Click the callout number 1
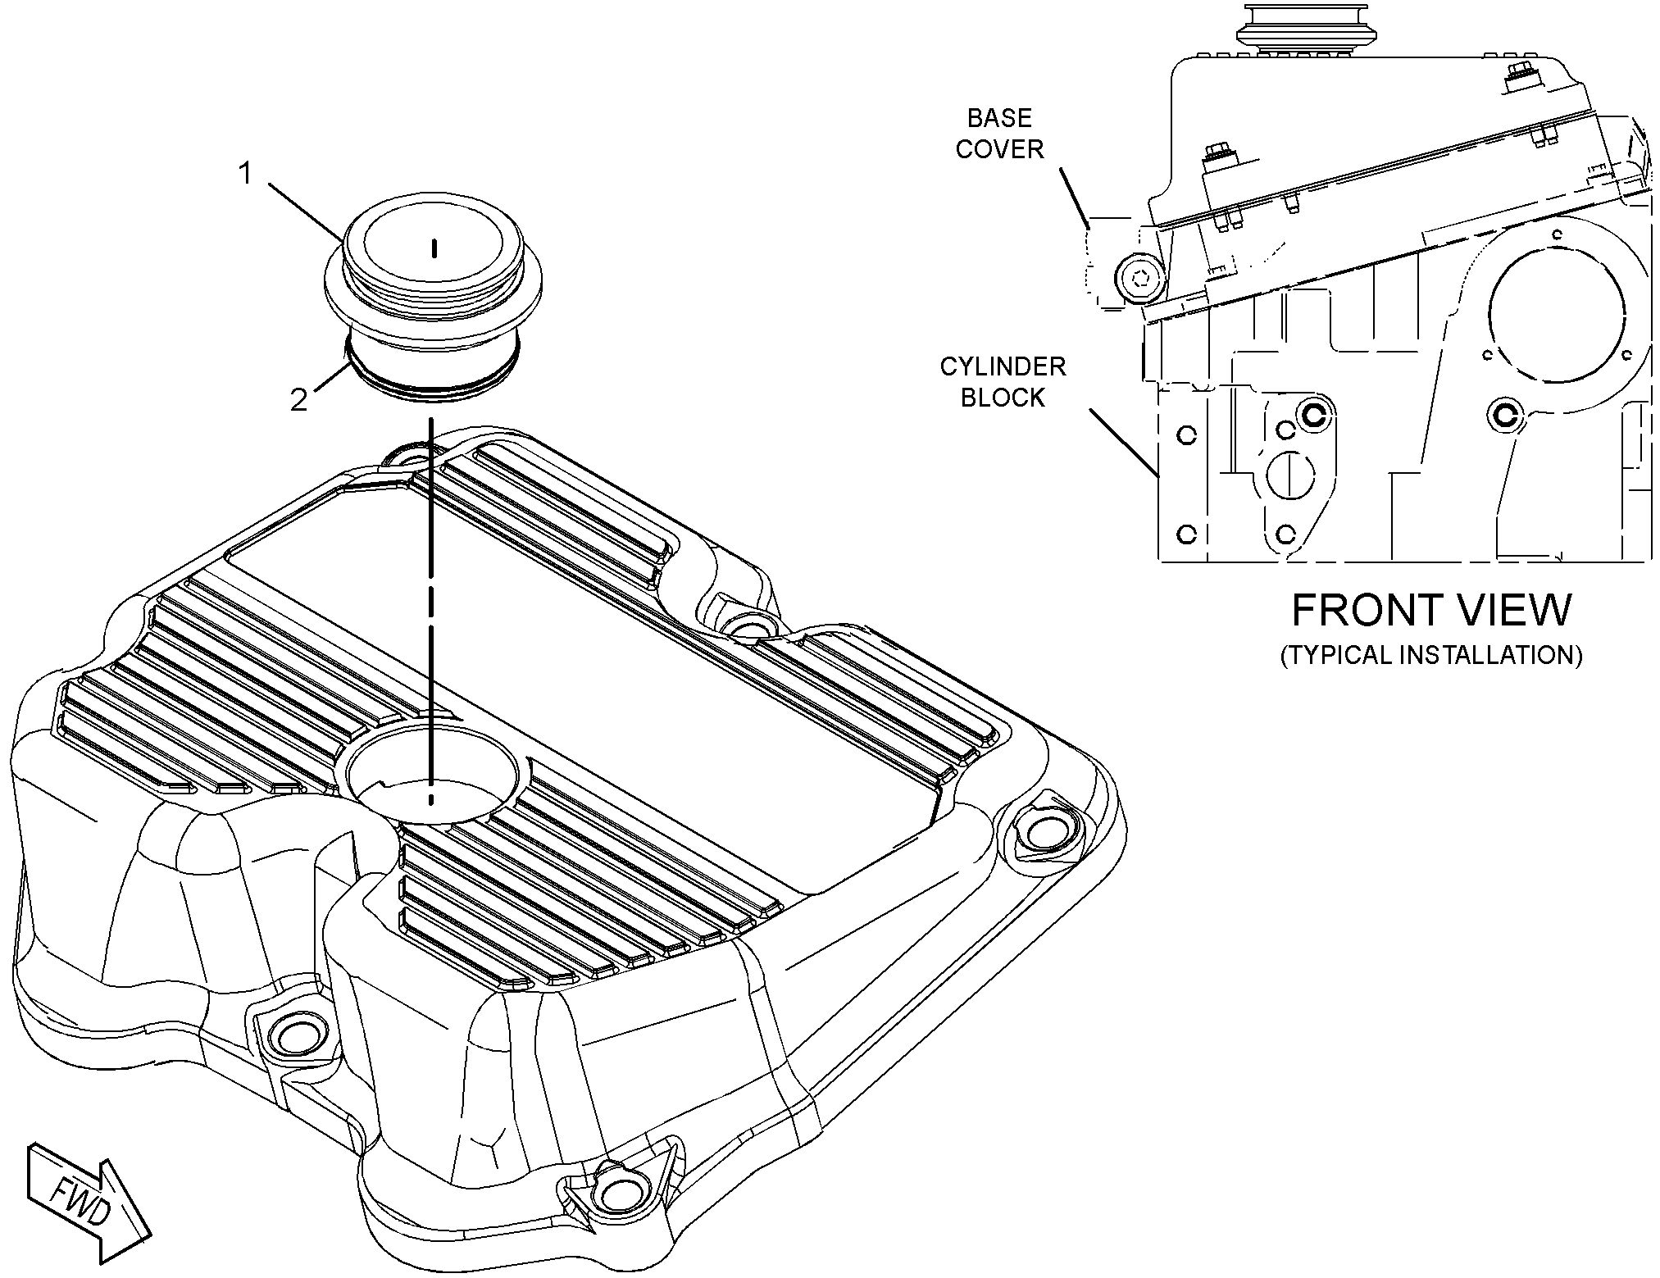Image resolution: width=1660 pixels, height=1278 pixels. click(245, 174)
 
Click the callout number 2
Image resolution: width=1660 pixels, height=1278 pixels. click(298, 400)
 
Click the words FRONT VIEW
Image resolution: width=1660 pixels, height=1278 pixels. click(1431, 610)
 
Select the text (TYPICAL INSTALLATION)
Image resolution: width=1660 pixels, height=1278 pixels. click(1431, 655)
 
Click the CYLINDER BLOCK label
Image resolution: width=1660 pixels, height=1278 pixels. click(1003, 381)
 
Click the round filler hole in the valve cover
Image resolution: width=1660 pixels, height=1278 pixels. click(433, 771)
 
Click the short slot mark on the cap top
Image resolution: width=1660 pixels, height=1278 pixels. click(434, 248)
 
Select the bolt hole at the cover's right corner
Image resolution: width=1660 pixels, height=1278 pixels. click(1044, 833)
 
